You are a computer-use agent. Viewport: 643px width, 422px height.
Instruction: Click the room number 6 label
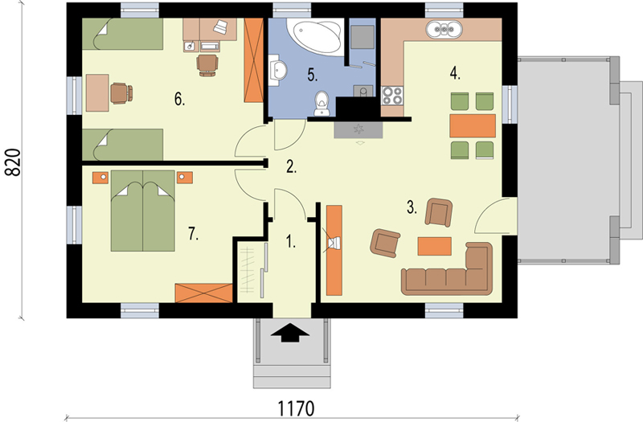click(179, 99)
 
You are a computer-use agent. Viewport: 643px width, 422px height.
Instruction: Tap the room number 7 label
click(193, 233)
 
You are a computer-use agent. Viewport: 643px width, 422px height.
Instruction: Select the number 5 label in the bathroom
click(313, 75)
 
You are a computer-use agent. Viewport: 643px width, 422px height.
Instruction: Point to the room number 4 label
click(455, 73)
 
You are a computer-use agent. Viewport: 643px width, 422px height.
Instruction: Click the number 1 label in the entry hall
click(291, 242)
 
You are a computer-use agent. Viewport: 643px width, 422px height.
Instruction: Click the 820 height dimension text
click(13, 162)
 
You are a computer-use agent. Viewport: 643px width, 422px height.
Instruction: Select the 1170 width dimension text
click(296, 408)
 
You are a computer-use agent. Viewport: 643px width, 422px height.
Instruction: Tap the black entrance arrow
click(290, 332)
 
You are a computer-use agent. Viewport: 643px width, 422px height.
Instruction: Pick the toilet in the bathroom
click(321, 103)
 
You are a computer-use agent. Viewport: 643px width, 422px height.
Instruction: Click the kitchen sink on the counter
click(444, 30)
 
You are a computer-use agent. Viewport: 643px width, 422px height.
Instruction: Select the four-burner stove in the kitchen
click(392, 96)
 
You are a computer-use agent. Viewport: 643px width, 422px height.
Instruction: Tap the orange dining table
click(473, 126)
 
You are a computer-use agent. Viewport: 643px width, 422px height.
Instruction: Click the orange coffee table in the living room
click(435, 246)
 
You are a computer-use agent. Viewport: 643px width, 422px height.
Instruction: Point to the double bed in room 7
click(143, 211)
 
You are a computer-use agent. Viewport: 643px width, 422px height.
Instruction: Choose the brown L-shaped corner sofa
click(447, 269)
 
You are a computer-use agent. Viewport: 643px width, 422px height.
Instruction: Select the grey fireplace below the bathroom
click(358, 130)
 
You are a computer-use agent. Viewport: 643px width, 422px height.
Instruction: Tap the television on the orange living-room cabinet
click(334, 244)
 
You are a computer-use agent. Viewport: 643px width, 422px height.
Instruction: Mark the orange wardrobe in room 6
click(253, 60)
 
